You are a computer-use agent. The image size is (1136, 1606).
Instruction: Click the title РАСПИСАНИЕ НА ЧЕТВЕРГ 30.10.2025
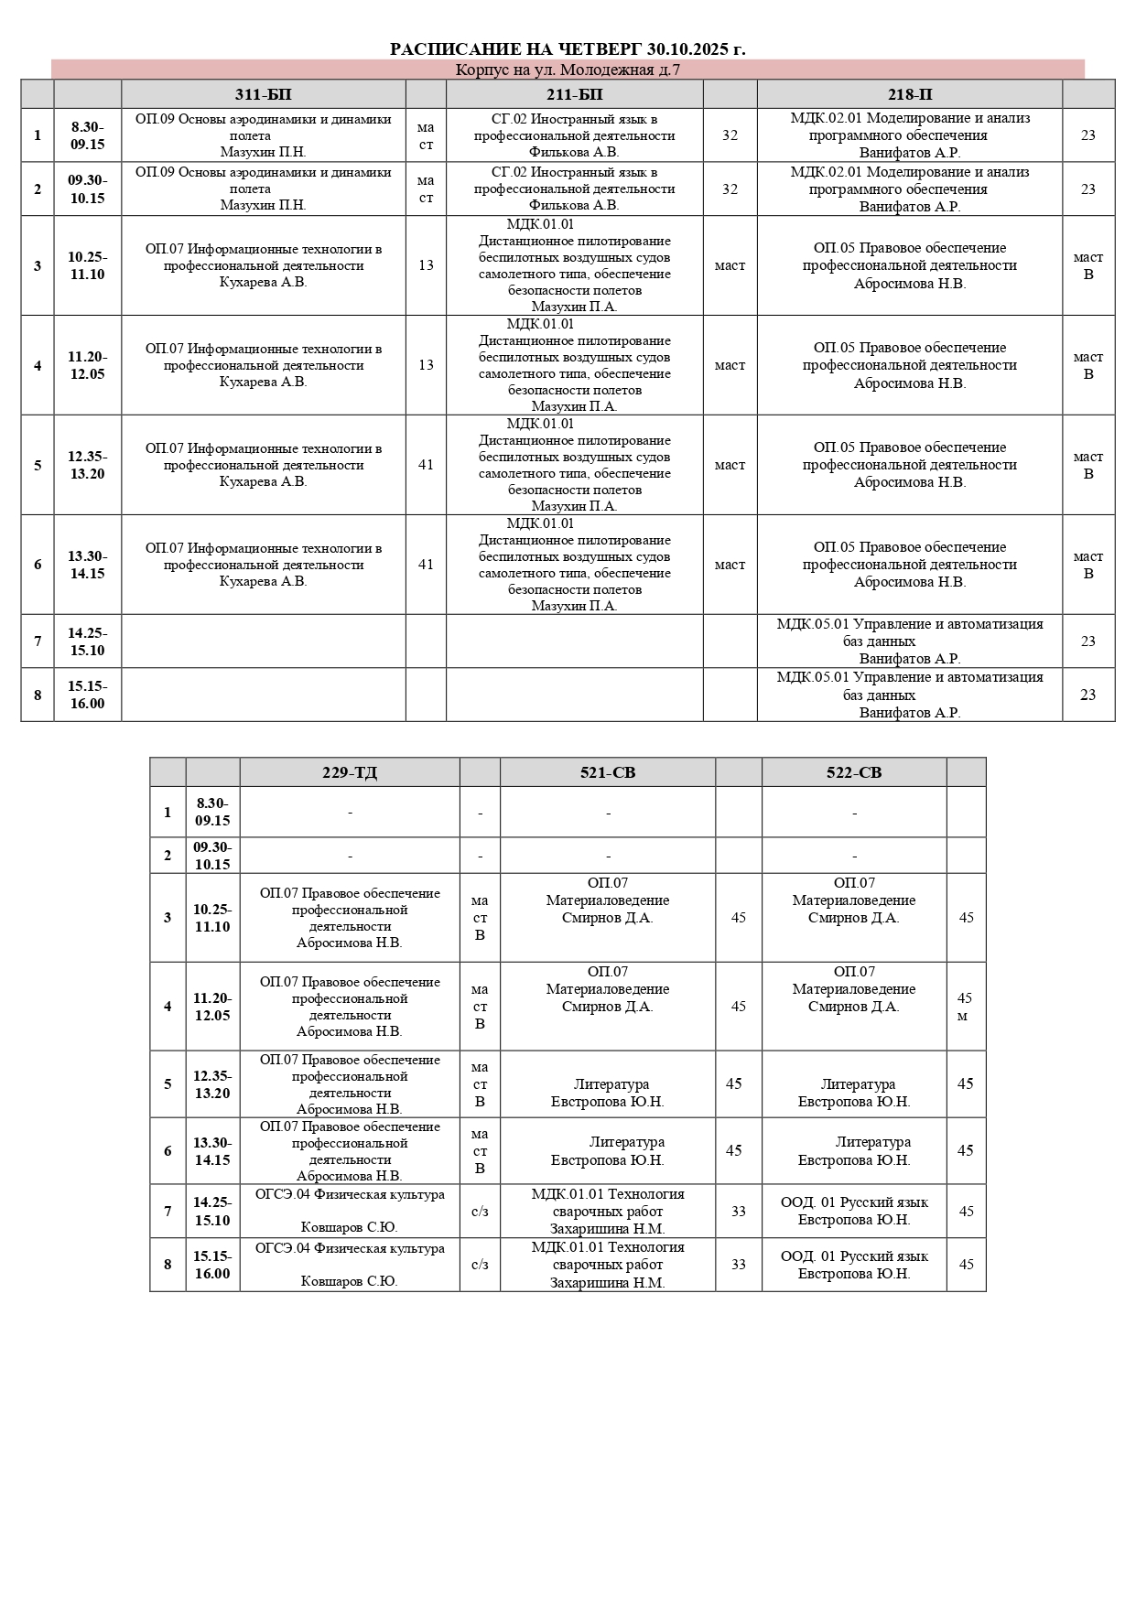click(x=568, y=49)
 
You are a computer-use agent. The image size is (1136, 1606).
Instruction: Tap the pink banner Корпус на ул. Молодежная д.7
click(x=568, y=70)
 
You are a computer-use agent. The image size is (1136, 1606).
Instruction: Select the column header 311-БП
click(x=263, y=94)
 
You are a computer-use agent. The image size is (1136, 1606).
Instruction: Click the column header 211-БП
click(x=574, y=94)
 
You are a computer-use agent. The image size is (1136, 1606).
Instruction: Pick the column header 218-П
click(x=909, y=94)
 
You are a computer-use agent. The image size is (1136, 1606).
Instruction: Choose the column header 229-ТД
click(x=349, y=772)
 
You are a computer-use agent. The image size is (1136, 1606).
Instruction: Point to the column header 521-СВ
click(x=607, y=772)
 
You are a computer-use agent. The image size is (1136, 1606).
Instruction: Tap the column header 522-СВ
click(x=853, y=772)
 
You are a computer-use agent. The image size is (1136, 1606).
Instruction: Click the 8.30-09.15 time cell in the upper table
click(x=87, y=135)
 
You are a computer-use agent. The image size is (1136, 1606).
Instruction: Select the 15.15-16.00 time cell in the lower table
click(x=212, y=1265)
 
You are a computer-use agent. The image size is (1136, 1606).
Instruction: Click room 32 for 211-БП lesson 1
click(x=730, y=135)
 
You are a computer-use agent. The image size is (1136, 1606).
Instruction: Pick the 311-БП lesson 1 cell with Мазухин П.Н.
click(x=263, y=135)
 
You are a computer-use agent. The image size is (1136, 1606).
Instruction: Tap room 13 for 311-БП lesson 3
click(x=426, y=265)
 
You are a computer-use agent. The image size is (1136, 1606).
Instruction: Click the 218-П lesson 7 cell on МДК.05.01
click(x=909, y=641)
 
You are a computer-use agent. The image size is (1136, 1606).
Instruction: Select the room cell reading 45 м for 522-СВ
click(x=965, y=1007)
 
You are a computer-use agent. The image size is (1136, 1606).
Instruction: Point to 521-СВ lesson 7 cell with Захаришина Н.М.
click(x=607, y=1212)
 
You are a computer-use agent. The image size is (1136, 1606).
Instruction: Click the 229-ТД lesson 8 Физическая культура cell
click(x=349, y=1265)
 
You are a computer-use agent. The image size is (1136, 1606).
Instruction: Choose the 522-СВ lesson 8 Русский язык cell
click(x=853, y=1265)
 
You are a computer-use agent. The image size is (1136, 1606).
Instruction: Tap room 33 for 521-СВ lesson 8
click(x=738, y=1265)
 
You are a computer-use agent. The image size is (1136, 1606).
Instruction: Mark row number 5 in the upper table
click(x=38, y=465)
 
